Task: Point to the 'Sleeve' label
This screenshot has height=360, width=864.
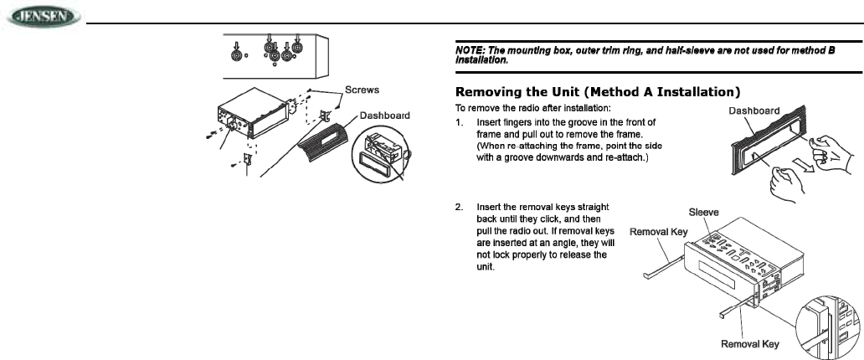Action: pos(704,213)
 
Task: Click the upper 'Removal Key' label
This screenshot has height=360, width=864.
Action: pos(659,229)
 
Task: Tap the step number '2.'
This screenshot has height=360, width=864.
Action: pos(460,207)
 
